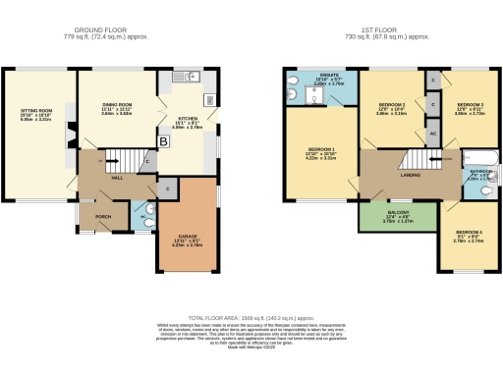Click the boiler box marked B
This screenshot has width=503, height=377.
(x=163, y=141)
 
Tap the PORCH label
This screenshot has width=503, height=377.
(x=102, y=216)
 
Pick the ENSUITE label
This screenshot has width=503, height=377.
(x=327, y=76)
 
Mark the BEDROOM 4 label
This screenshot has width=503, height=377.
(x=469, y=233)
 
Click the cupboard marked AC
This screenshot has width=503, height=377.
(x=433, y=134)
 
